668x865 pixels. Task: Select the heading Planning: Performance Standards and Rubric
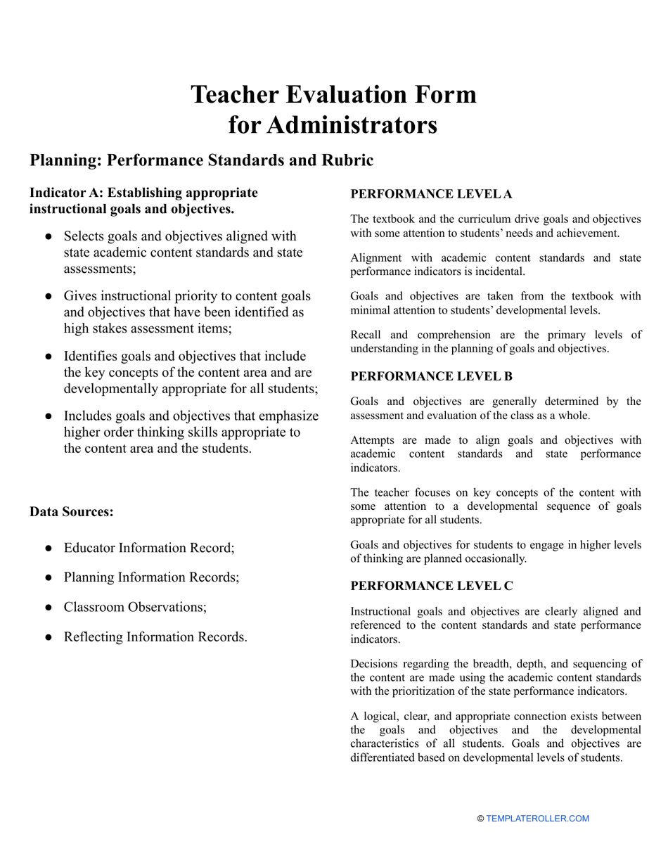[x=201, y=160]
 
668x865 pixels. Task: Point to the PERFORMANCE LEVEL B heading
[x=431, y=376]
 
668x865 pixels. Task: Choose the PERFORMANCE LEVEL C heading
[x=432, y=586]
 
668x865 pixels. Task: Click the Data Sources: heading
[x=71, y=512]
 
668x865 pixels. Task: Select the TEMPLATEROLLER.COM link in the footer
[x=537, y=819]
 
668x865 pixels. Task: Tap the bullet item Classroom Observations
[x=135, y=607]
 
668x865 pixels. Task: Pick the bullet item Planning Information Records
[x=151, y=577]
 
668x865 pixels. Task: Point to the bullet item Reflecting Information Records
[x=155, y=637]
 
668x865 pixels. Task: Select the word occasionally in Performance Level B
[x=494, y=558]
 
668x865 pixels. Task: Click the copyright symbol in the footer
[x=480, y=819]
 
